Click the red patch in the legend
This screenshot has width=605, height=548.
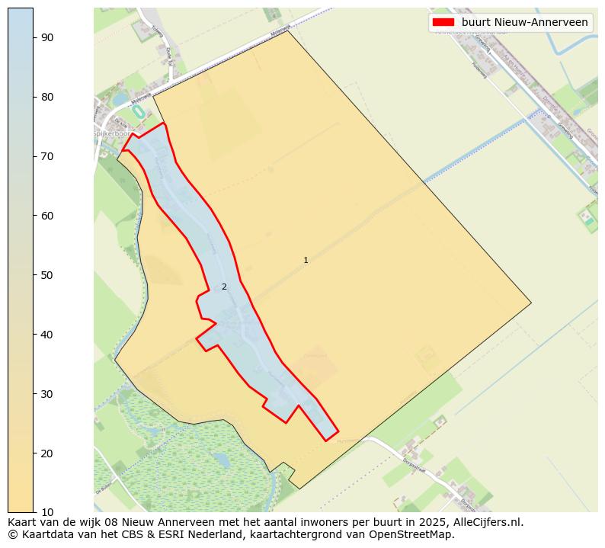[x=443, y=22]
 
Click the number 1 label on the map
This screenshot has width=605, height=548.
[x=306, y=261]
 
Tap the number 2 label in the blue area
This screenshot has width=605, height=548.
[x=224, y=287]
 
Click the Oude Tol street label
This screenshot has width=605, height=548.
[x=169, y=56]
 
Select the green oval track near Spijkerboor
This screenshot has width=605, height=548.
[x=138, y=111]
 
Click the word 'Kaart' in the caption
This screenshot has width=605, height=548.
[x=24, y=523]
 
